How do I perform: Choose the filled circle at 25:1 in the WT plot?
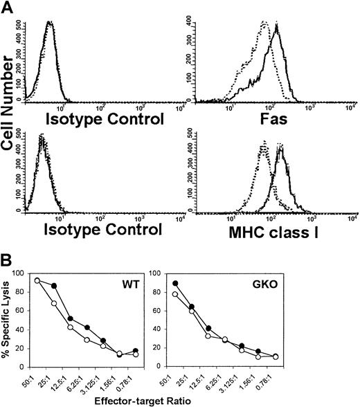(54, 286)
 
